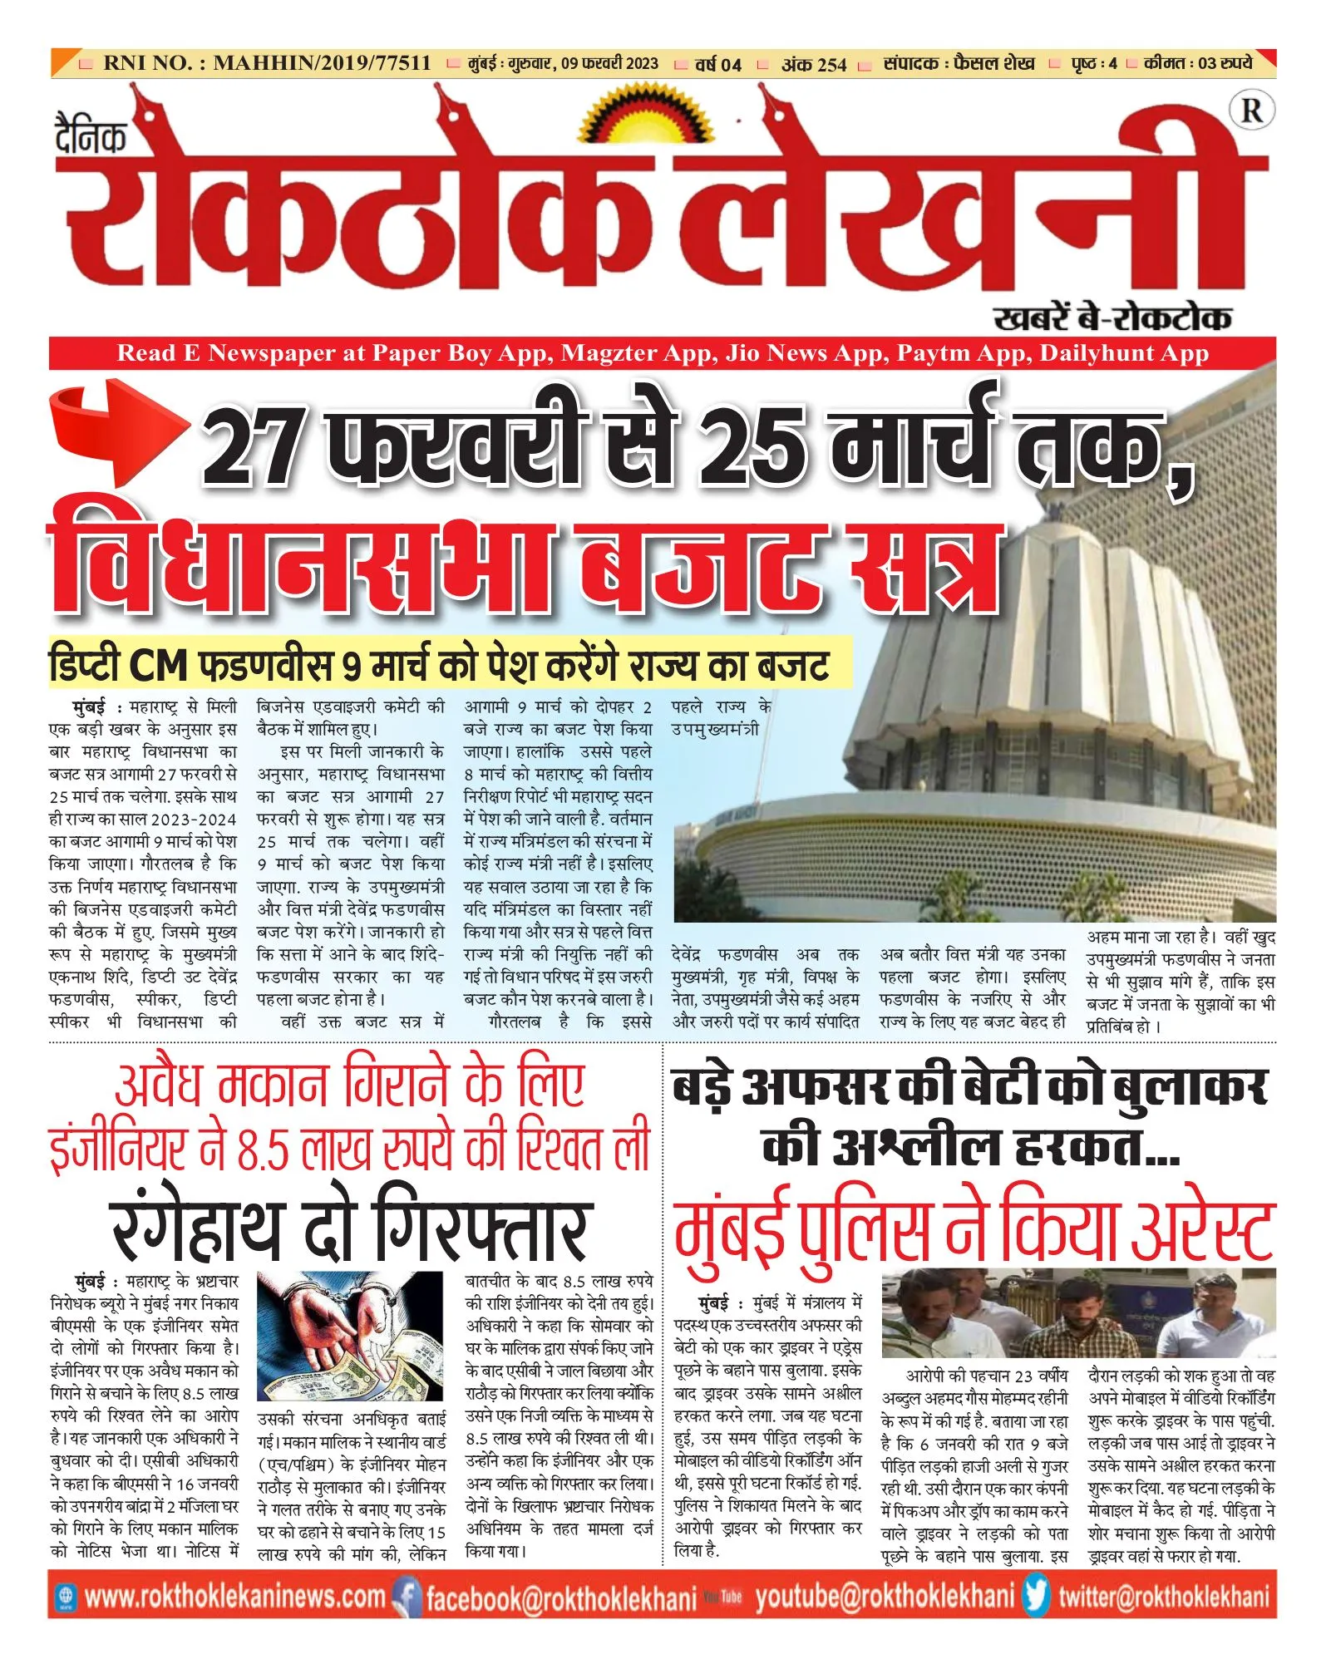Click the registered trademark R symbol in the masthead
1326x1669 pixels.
(x=1251, y=111)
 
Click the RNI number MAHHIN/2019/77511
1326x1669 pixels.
(x=322, y=63)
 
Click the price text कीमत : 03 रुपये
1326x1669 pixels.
(x=1197, y=63)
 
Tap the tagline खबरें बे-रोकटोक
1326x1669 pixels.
(x=1112, y=318)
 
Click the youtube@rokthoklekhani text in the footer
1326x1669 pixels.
(x=885, y=1597)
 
